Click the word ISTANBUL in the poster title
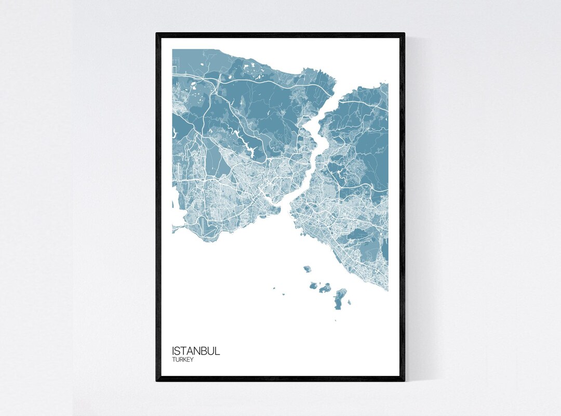(196, 350)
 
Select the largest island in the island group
(341, 298)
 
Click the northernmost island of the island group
(307, 269)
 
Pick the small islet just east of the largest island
(349, 302)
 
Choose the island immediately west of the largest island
(325, 287)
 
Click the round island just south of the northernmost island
(313, 285)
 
